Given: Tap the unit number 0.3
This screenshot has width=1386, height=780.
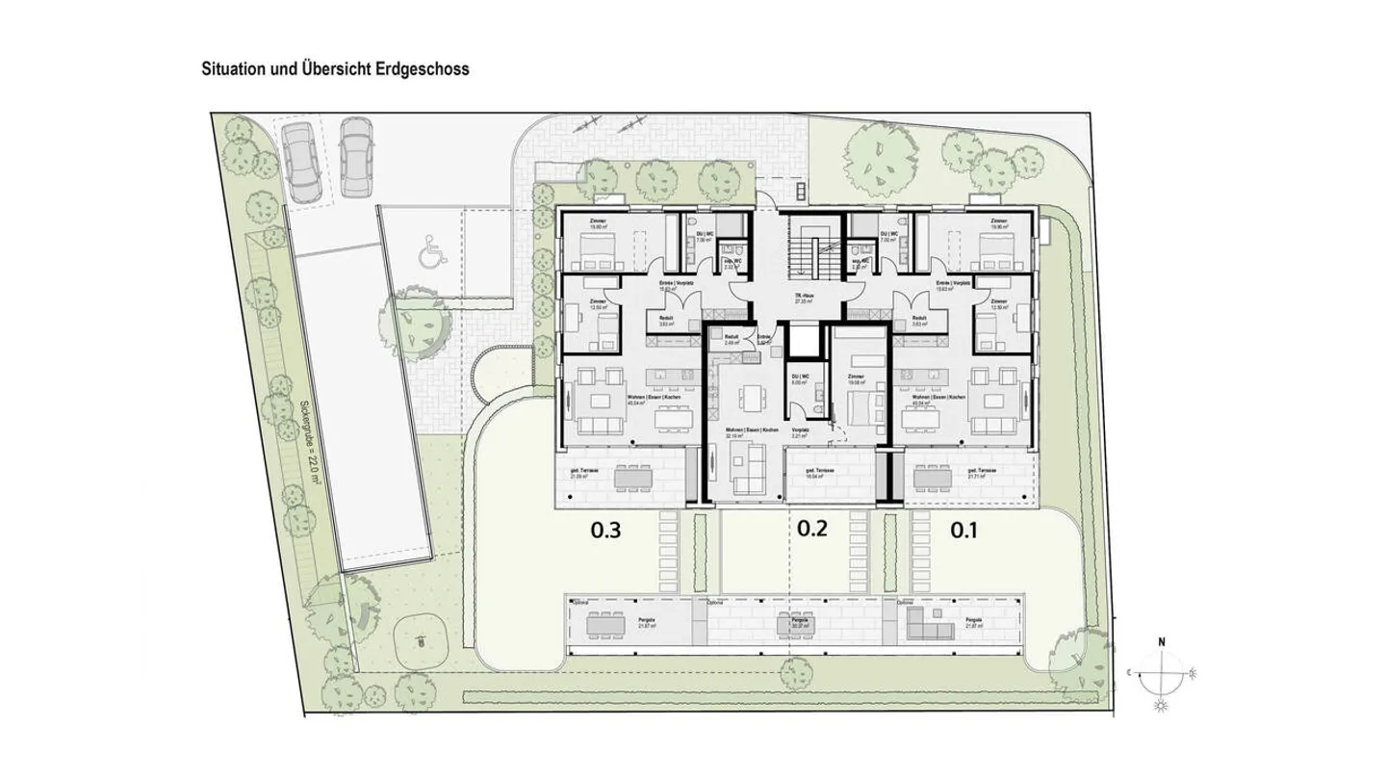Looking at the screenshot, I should (610, 529).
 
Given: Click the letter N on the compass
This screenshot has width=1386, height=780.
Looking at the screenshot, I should (1162, 641).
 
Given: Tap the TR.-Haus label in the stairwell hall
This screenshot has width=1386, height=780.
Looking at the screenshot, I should (799, 297).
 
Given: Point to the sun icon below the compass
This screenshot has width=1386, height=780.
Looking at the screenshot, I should (1160, 708).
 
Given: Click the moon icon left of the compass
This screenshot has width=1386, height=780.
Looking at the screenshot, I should (1133, 675).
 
